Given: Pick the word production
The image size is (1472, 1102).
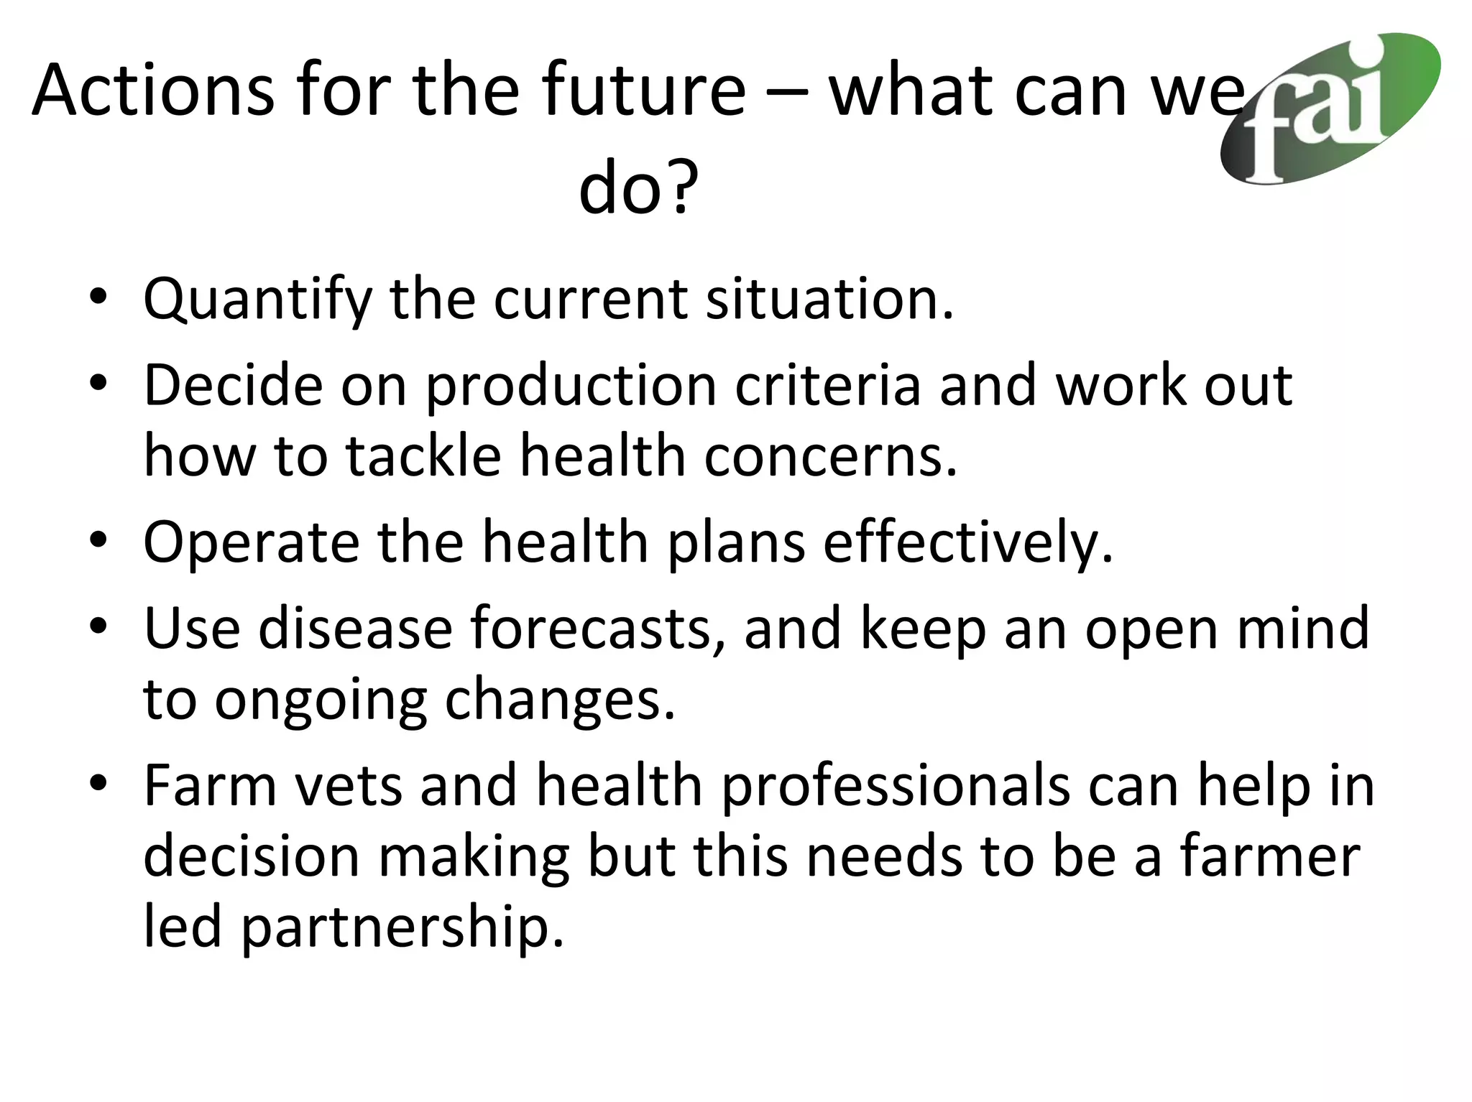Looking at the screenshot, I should click(x=571, y=386).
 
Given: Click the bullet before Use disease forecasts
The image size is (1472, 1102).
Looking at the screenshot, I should click(x=98, y=626).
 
